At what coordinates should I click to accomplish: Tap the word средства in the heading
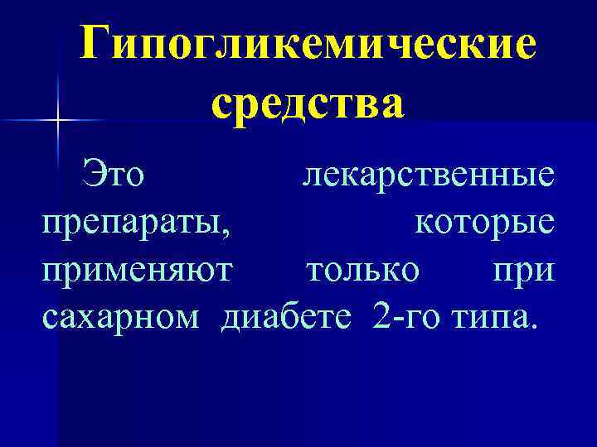(x=308, y=106)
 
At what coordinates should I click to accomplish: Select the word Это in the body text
(x=113, y=175)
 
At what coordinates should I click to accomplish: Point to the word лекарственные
(x=429, y=175)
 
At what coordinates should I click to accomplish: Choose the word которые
(x=486, y=223)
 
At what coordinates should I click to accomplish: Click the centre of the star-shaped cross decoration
(x=58, y=121)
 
